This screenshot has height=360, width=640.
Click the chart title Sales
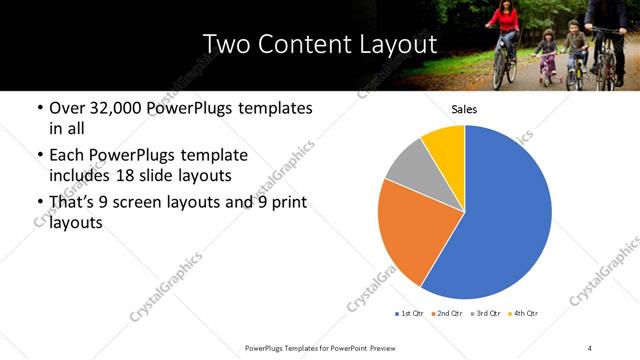[x=464, y=109]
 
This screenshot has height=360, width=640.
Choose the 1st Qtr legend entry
[x=410, y=314]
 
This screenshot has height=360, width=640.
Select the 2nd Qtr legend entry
[x=446, y=314]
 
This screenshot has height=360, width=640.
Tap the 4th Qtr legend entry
[x=523, y=314]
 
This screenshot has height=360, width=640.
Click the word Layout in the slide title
[x=395, y=45]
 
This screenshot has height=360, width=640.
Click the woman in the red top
[x=507, y=25]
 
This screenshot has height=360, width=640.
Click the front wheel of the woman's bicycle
[x=505, y=70]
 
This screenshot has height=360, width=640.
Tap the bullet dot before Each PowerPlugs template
[x=39, y=156]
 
